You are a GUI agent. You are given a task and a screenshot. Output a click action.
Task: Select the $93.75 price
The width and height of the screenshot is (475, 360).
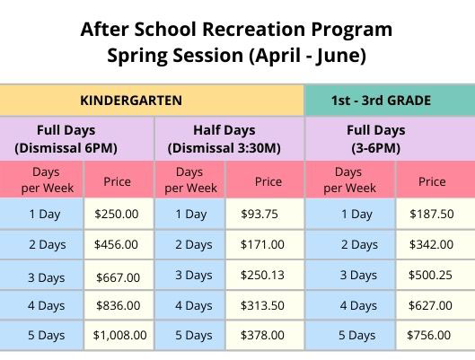click(259, 214)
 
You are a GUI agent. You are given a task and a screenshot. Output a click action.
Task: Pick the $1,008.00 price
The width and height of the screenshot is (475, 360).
click(119, 335)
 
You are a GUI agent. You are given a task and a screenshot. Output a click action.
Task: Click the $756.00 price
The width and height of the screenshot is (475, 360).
click(428, 335)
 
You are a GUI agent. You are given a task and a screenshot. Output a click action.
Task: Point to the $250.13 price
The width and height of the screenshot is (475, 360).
click(262, 275)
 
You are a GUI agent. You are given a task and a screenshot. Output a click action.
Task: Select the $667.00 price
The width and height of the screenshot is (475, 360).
click(119, 277)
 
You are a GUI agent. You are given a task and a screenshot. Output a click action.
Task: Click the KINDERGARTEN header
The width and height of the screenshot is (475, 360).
click(131, 101)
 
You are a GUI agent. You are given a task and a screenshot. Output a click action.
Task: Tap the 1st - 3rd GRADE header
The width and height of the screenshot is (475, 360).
click(381, 101)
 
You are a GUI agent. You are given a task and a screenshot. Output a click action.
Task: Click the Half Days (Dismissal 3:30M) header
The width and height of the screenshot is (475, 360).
click(224, 139)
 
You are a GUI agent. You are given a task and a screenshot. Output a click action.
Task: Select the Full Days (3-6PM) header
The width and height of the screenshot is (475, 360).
click(376, 139)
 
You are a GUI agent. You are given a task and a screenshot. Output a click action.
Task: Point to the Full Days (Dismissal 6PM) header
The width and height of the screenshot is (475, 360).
click(66, 139)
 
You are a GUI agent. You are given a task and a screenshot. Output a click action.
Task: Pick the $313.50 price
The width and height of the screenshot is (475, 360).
click(262, 305)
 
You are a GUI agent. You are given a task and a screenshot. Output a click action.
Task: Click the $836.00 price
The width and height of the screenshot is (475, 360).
click(119, 305)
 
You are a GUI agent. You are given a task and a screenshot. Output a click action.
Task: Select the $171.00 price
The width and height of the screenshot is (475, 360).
click(262, 244)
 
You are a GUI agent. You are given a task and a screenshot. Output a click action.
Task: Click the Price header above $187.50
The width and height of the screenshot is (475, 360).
click(432, 181)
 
